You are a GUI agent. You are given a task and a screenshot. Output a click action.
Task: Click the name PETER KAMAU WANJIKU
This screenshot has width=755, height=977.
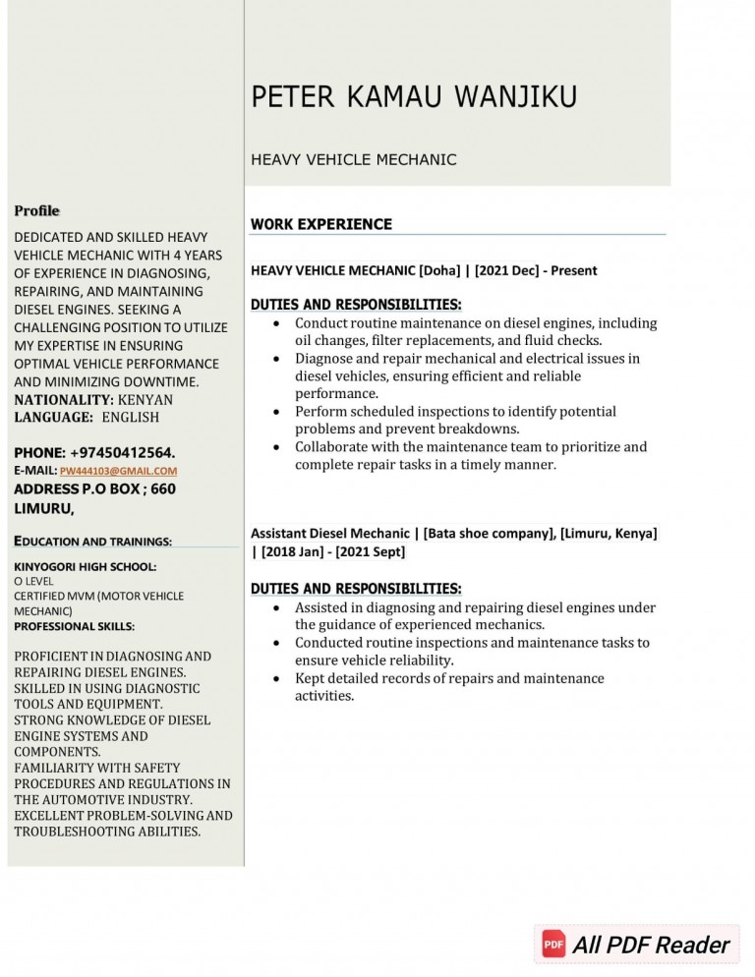(414, 97)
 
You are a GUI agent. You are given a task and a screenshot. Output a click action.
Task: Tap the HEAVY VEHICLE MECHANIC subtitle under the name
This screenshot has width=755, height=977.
(353, 159)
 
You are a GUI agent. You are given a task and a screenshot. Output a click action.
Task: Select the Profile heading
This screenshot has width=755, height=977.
(36, 210)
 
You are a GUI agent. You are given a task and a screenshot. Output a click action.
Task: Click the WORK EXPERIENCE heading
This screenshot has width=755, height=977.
(320, 224)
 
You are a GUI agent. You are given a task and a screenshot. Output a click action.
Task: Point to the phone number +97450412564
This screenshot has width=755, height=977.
(122, 453)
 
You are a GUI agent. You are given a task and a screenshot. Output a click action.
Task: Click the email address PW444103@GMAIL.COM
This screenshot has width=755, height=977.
(118, 472)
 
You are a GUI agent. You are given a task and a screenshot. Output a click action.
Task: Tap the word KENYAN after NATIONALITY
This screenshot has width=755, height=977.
(145, 400)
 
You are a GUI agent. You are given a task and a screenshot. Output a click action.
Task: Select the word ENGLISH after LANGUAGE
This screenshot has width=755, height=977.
(130, 418)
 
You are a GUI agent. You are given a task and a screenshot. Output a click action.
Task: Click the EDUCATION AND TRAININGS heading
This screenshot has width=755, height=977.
(92, 541)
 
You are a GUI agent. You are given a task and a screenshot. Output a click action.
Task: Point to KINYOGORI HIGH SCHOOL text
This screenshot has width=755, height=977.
(85, 567)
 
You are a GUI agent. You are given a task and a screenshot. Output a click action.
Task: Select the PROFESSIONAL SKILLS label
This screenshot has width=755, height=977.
(74, 626)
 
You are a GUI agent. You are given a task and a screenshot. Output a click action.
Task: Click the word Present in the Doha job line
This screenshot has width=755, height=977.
(573, 270)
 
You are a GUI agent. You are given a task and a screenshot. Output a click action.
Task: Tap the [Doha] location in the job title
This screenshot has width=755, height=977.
(440, 270)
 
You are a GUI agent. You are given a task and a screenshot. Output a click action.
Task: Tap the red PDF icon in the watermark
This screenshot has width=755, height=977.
(553, 945)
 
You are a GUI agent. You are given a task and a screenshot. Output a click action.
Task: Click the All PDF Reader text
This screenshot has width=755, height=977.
(651, 946)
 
